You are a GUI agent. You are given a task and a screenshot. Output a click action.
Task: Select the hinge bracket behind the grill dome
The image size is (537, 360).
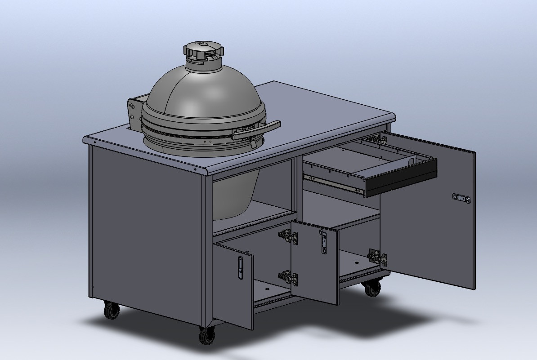pyautogui.click(x=133, y=114)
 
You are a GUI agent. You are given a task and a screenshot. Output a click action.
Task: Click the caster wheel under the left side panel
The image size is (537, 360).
pyautogui.click(x=111, y=310)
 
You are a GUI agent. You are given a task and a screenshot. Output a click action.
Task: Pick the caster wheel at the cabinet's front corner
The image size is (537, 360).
pyautogui.click(x=207, y=334)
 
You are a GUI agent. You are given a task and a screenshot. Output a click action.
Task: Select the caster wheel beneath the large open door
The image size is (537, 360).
pyautogui.click(x=372, y=288)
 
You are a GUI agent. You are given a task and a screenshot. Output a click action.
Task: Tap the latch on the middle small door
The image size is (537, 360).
pyautogui.click(x=323, y=243)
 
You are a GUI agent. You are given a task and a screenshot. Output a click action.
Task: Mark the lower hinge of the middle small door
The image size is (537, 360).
pyautogui.click(x=288, y=278)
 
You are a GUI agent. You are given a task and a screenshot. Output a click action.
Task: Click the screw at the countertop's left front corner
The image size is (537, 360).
pyautogui.click(x=95, y=142)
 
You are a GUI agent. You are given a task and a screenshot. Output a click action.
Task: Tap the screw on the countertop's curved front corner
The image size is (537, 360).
pyautogui.click(x=196, y=169)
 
